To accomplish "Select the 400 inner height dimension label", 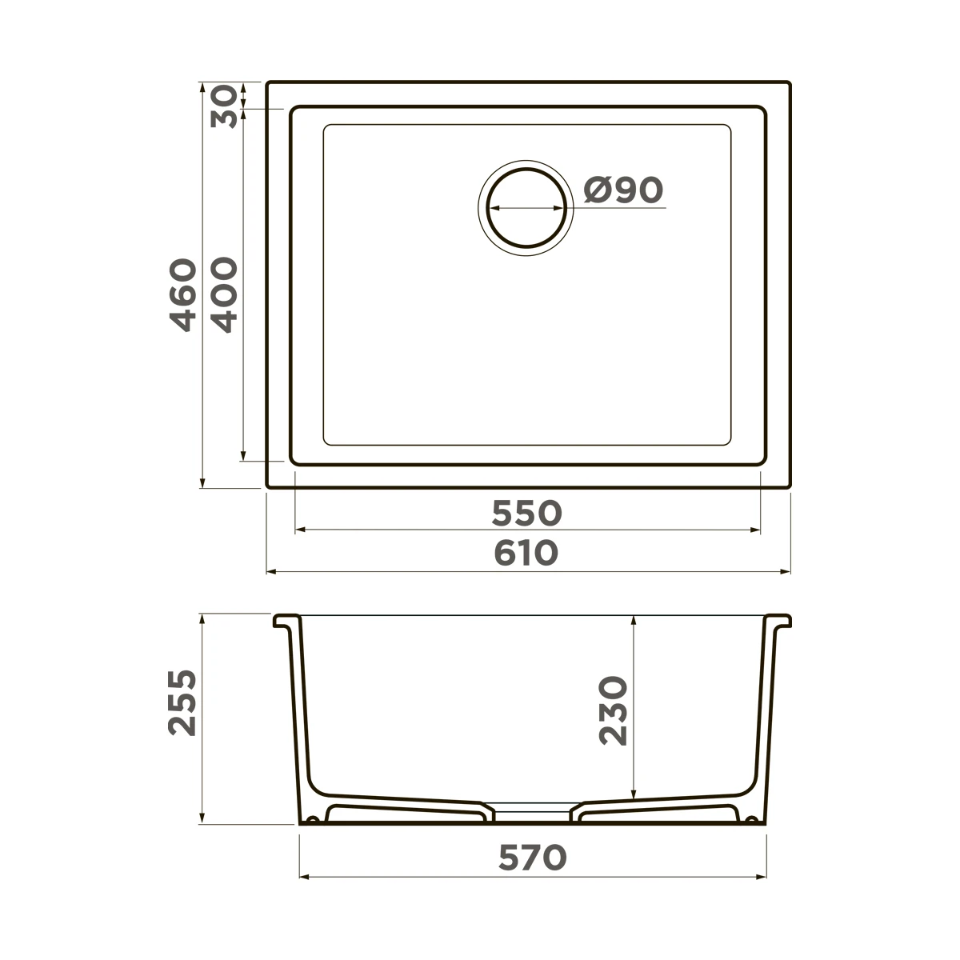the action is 224,295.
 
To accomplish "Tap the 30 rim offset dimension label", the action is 223,106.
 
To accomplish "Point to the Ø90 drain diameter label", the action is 623,190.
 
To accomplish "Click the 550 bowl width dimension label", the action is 526,514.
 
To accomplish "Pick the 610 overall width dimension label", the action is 526,554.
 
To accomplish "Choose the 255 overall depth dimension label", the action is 182,703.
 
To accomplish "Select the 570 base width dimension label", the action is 533,858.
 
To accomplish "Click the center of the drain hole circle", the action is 526,208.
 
